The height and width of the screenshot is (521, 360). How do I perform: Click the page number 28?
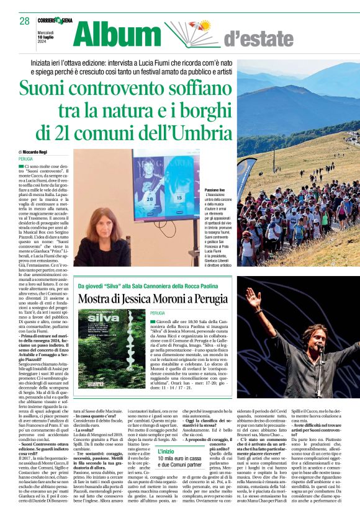click(25, 21)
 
